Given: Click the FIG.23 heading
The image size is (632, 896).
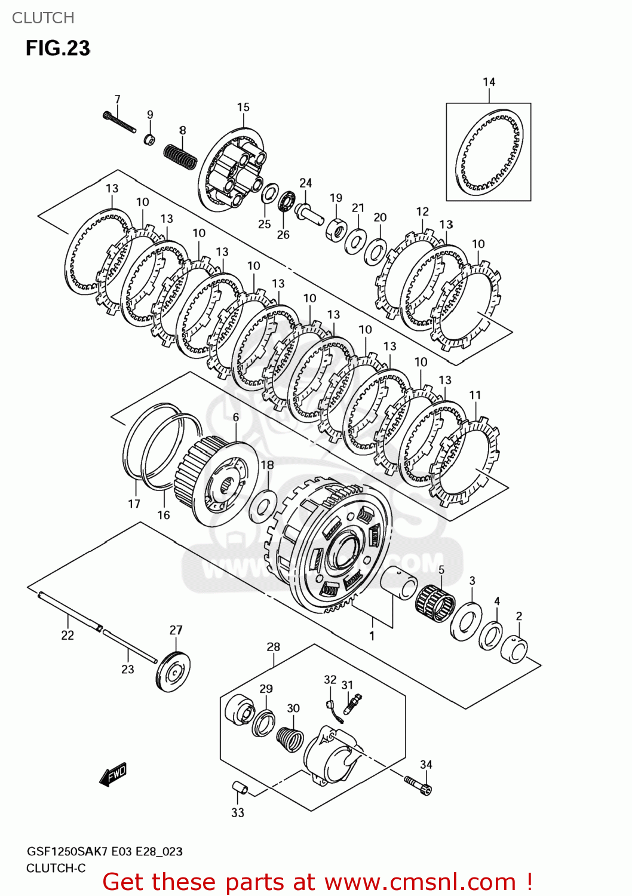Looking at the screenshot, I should coord(57,48).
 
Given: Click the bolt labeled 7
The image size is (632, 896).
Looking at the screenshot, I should coord(119,122).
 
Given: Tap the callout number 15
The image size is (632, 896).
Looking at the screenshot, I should coord(243,108).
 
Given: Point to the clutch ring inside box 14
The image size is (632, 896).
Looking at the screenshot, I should coord(489,153).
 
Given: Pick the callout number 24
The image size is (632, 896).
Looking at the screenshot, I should coord(306,183).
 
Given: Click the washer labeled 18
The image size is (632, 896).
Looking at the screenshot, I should coord(263,504).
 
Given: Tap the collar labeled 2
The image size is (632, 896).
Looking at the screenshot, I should coord(514,650).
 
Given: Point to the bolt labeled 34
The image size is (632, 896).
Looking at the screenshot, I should coord(418,785).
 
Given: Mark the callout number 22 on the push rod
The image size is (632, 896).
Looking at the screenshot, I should coord(68,636).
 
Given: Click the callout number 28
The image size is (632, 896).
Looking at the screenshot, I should coord(273,647).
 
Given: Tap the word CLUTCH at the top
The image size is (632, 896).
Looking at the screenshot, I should coord(43,18).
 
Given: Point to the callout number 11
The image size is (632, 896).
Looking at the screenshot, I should coord(475,395).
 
